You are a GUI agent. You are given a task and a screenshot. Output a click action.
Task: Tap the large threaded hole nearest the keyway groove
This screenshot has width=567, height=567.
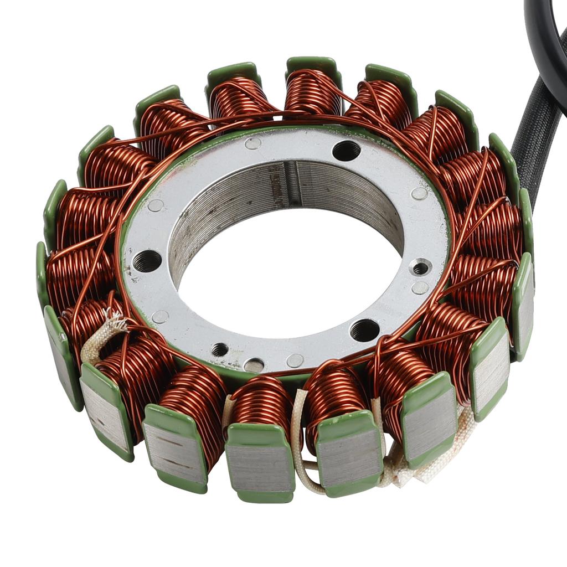[346, 150]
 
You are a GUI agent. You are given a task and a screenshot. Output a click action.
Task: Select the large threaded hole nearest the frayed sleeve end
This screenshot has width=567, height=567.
[147, 260]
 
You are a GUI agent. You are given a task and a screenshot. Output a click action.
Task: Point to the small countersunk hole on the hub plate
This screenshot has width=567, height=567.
[421, 268]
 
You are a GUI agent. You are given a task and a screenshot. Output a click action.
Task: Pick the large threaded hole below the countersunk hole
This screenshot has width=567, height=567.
[364, 330]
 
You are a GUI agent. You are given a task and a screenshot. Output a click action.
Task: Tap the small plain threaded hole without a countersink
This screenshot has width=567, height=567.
[220, 349]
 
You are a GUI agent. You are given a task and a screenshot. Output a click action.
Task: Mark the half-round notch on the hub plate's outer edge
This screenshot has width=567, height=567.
[254, 365]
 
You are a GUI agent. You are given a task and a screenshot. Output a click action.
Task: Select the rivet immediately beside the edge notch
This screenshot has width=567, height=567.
[295, 360]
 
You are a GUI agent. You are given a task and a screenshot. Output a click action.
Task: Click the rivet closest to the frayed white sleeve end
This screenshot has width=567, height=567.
[160, 316]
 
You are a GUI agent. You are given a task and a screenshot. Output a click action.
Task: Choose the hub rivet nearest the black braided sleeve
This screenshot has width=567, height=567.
[419, 193]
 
